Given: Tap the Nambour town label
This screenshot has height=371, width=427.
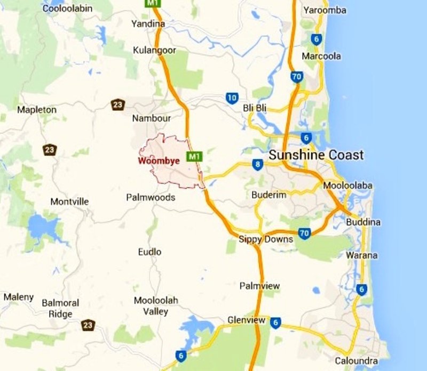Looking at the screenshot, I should tap(151, 118).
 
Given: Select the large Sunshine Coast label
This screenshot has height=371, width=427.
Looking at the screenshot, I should tap(316, 155).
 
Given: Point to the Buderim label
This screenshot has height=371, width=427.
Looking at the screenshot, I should tap(269, 195).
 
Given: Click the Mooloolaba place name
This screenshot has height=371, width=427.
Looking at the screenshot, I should tap(348, 185).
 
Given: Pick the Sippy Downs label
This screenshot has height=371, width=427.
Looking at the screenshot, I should tap(266, 239).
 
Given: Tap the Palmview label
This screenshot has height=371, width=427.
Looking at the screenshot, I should tap(259, 286).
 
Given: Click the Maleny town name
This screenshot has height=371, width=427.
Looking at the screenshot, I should tap(19, 297).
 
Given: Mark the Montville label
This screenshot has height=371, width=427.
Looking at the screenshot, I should tap(69, 201).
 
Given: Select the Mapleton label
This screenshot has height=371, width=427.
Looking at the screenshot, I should tap(37, 109).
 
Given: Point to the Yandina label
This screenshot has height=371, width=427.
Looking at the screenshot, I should tap(148, 23).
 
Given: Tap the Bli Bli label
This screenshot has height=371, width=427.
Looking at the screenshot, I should tap(255, 108).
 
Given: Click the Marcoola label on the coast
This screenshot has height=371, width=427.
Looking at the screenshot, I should tap(321, 56).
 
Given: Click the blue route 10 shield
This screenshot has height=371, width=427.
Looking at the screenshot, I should tap(232, 98).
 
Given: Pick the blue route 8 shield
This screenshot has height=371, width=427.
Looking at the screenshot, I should tap(258, 164).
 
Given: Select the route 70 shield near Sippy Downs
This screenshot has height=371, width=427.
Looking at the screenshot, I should tap(304, 233).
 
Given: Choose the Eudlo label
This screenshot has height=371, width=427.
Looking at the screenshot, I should tap(149, 252).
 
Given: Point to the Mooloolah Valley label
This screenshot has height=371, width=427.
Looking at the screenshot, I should tap(156, 306).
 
